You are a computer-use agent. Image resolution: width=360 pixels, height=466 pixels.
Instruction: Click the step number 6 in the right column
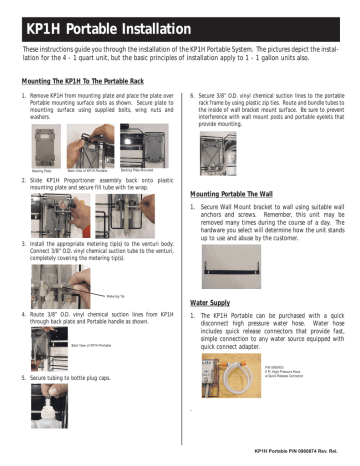point(192,97)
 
